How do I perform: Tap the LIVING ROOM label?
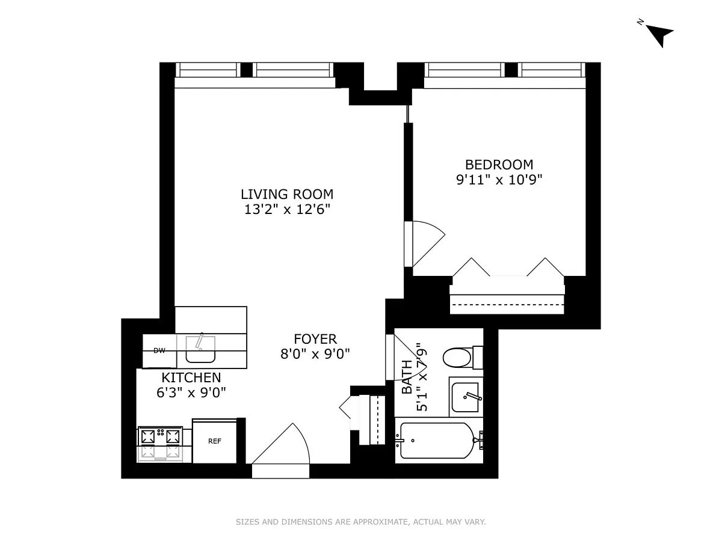coord(287,194)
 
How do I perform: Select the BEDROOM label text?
coord(499,164)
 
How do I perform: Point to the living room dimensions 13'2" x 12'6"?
coord(287,209)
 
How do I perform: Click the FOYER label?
coord(315,338)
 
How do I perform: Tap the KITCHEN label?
coord(191,377)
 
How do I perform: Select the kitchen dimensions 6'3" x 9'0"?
coord(191,393)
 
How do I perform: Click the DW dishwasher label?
coord(159,350)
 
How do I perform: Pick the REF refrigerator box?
coord(215,441)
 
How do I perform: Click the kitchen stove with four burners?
coord(161,444)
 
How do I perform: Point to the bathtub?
coord(436,442)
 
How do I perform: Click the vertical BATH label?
coord(407,377)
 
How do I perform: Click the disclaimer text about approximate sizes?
coord(360,522)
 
